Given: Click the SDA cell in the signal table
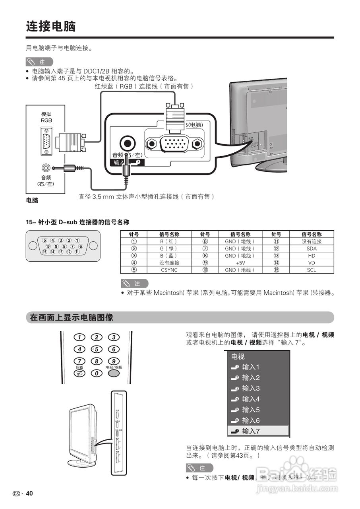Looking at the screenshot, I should click(x=312, y=249).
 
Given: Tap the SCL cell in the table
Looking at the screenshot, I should click(x=312, y=270).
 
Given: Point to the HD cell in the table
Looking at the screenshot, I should click(x=312, y=256).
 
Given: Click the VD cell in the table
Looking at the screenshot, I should click(x=312, y=263).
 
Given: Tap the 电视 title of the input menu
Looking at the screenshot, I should click(x=238, y=356).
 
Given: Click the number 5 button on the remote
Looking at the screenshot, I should click(x=97, y=350).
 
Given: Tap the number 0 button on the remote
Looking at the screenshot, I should click(x=97, y=373).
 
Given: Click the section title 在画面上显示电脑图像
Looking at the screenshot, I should click(x=72, y=318).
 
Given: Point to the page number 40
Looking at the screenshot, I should click(x=29, y=493).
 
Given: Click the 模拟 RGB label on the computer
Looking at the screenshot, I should click(x=46, y=117).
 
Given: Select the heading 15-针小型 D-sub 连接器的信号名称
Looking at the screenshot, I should click(x=77, y=222).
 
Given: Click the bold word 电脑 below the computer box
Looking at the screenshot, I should click(x=32, y=200).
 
